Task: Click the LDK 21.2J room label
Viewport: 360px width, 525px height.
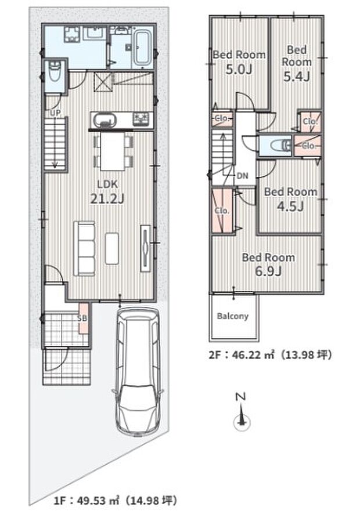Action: tap(107, 191)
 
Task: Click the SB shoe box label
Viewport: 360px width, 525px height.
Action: tap(82, 318)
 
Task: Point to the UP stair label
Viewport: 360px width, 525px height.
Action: tap(55, 113)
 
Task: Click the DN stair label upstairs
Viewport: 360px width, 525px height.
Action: tap(242, 175)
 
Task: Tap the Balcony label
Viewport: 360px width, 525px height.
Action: tap(233, 316)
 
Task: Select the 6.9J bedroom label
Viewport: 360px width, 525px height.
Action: tap(268, 264)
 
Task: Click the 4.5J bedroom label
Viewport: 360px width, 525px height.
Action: tap(290, 199)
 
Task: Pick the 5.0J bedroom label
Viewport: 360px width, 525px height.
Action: tap(239, 61)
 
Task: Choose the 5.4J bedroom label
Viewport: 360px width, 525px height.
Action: tap(297, 63)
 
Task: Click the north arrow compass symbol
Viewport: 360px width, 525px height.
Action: tap(240, 412)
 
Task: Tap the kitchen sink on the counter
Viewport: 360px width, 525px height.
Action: tap(105, 120)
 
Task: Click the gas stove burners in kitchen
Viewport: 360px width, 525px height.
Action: tap(142, 119)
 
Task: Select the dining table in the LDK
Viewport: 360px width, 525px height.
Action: tap(112, 151)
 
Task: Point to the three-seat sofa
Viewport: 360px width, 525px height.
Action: tap(84, 248)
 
